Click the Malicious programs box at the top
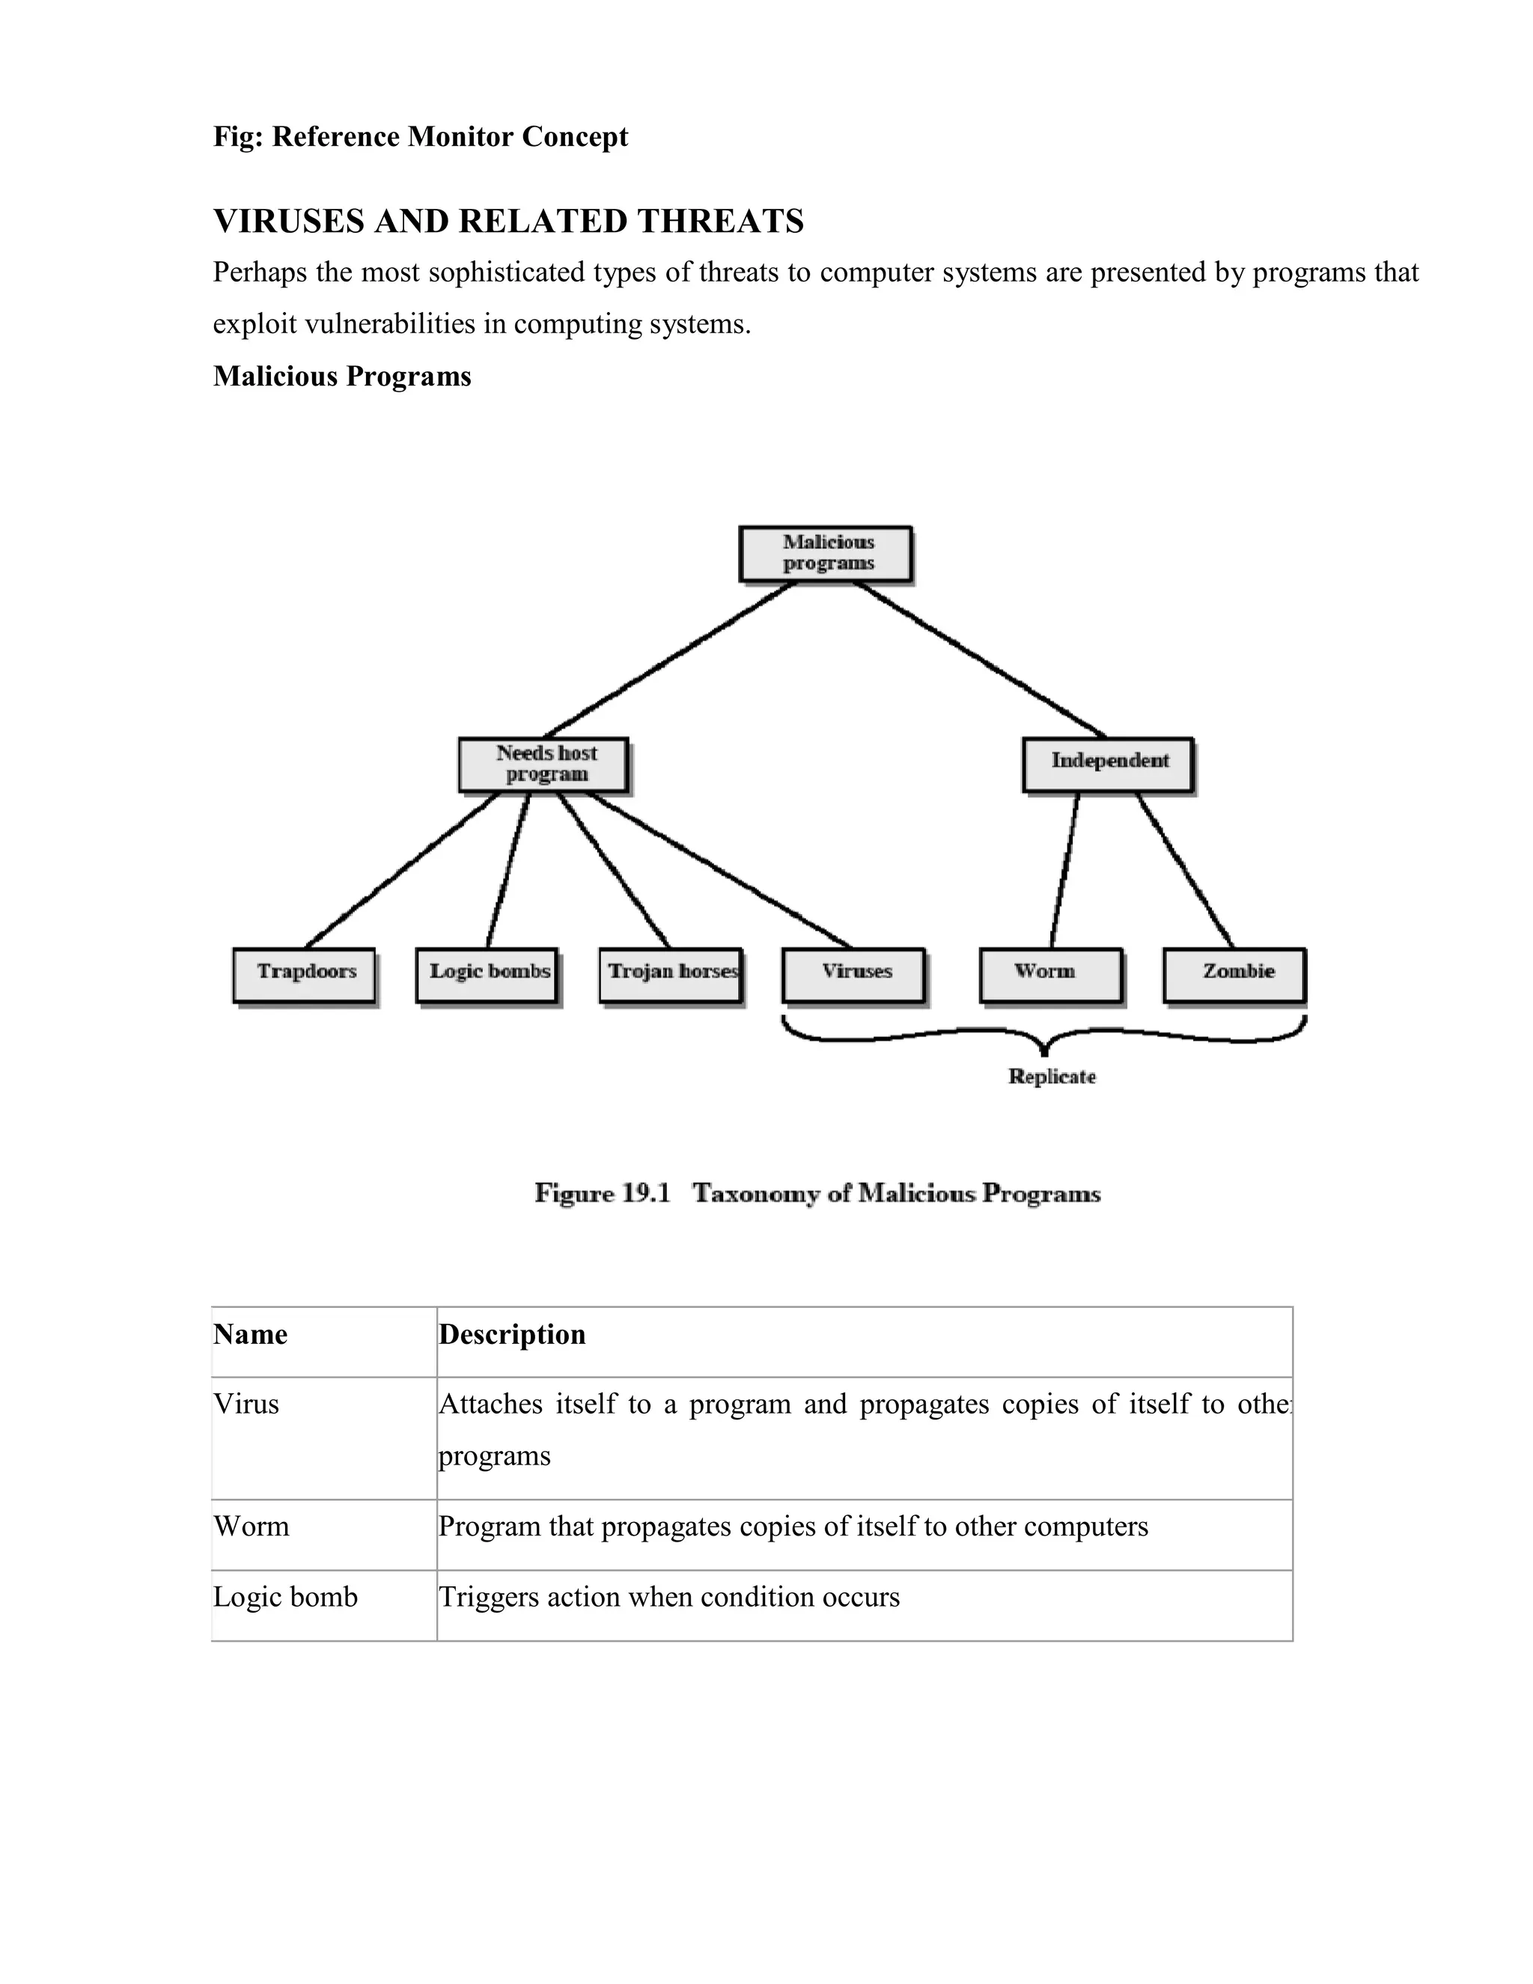point(826,553)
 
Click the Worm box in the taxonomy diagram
point(1051,975)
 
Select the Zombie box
point(1234,975)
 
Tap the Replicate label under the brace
point(1052,1077)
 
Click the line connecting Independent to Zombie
point(1184,869)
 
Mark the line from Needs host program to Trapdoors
point(402,869)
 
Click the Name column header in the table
point(251,1333)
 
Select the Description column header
point(512,1333)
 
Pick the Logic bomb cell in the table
point(285,1596)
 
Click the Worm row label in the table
point(252,1525)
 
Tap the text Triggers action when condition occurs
point(669,1596)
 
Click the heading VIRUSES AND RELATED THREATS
point(508,221)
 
